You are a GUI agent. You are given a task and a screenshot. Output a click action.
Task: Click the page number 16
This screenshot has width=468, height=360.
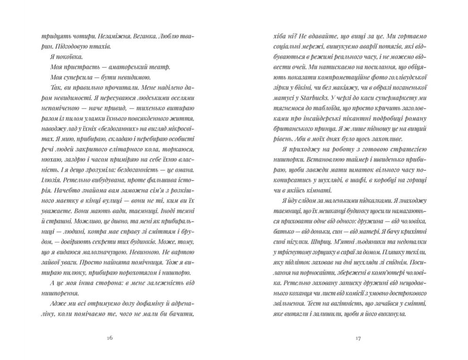point(110,338)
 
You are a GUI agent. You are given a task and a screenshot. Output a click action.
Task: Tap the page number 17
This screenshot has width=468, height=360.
point(358,338)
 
